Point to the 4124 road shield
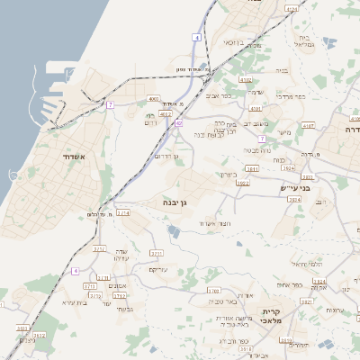pyautogui.click(x=291, y=8)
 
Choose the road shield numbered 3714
pyautogui.click(x=123, y=213)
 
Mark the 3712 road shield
pyautogui.click(x=99, y=247)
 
